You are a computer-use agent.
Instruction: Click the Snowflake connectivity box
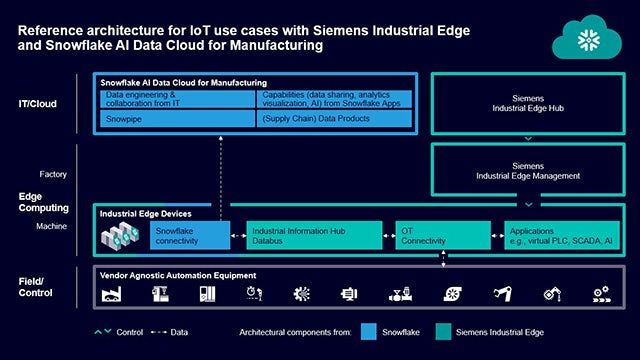(189, 235)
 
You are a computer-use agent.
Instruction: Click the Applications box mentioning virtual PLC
(560, 235)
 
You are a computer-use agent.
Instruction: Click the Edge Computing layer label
(44, 201)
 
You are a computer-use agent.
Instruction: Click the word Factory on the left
(53, 174)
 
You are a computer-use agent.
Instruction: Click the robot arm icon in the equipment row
(502, 294)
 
